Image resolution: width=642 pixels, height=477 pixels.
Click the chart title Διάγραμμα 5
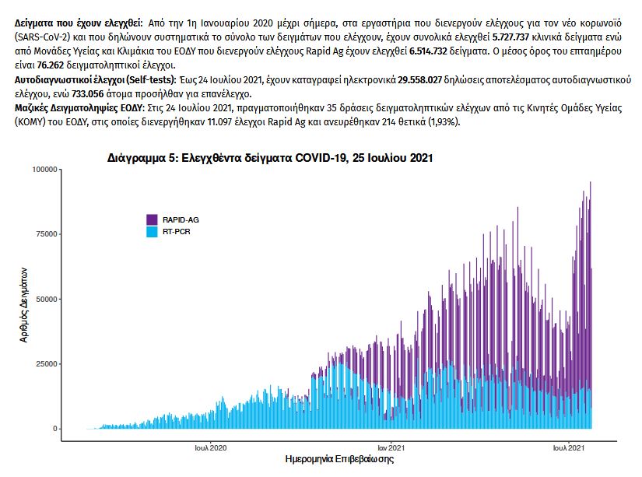click(270, 157)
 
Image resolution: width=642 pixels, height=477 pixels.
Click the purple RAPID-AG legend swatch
click(153, 219)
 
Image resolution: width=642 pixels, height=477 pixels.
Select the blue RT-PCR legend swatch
click(153, 231)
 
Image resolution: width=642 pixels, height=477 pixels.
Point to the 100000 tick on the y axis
click(45, 169)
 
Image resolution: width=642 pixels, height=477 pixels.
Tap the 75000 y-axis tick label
click(47, 234)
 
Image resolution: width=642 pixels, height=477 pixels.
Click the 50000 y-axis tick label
click(47, 299)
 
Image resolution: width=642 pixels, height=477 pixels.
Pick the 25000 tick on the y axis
click(47, 364)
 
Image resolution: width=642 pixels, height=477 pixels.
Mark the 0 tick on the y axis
click(56, 429)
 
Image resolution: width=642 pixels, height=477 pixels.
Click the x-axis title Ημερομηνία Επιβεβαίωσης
click(340, 460)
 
